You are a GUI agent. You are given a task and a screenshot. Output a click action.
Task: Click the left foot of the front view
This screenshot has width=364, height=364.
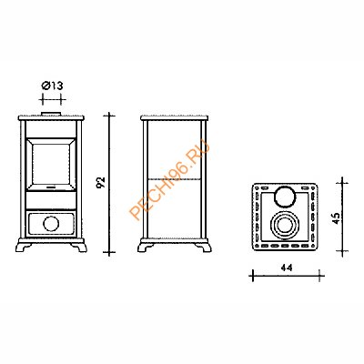22,248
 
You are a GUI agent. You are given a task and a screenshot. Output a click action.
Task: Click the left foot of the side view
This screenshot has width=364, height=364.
145,248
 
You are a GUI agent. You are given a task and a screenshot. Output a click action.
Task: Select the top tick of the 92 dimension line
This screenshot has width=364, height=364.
108,115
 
